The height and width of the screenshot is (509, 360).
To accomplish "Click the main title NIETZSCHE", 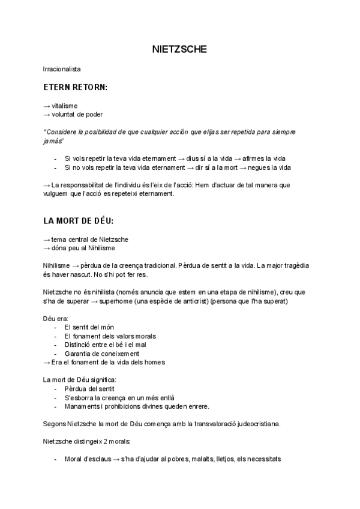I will point(179,49).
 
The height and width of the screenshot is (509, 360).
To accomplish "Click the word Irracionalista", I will point(62,69).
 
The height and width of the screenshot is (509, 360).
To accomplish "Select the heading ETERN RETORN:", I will point(76,88).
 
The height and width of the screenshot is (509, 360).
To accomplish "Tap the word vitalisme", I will point(64,106).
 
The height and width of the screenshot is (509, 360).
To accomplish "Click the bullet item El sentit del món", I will point(89,327).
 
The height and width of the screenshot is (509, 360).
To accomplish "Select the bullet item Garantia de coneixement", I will point(101,354).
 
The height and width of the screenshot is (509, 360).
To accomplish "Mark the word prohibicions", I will point(124,406).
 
